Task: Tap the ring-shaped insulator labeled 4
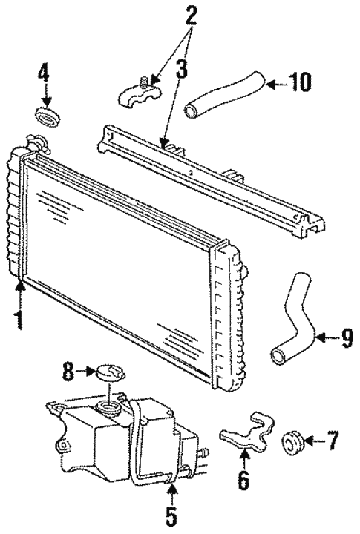(47, 116)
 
